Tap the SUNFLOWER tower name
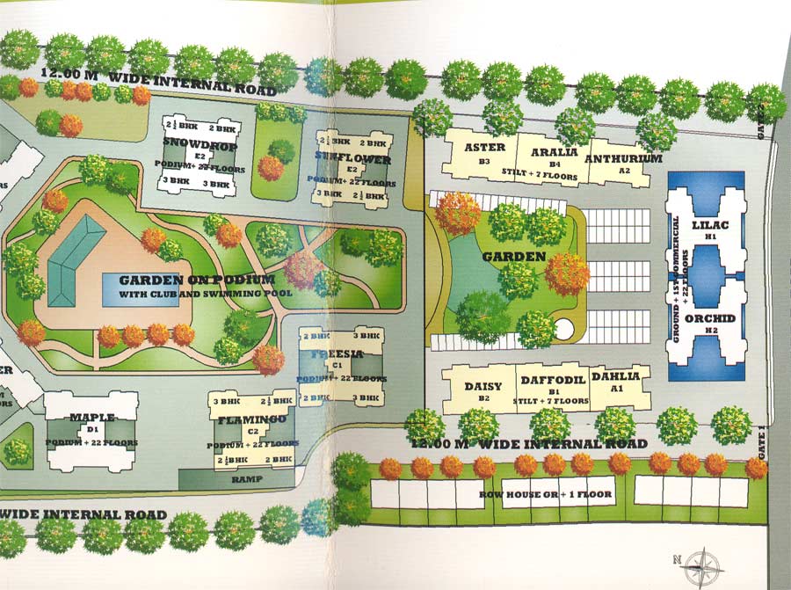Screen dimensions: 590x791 [x=352, y=158]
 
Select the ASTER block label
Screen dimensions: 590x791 [x=484, y=149]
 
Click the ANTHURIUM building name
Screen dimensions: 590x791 [x=622, y=158]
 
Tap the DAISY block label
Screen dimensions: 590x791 [x=483, y=385]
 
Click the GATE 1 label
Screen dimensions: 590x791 [x=761, y=440]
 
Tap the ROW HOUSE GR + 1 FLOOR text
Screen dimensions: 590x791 [x=558, y=494]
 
